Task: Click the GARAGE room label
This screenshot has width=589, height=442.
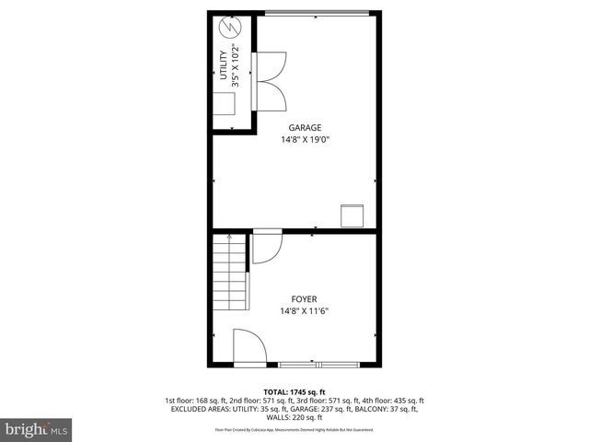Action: (x=305, y=128)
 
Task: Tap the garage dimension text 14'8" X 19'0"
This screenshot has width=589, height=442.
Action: (x=305, y=140)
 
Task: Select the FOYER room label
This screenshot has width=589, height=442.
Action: (x=305, y=299)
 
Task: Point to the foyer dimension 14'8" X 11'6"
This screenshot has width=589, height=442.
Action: (x=305, y=311)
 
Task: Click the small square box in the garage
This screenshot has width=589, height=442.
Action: (x=352, y=215)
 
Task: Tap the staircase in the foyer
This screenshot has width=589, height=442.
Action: (x=227, y=273)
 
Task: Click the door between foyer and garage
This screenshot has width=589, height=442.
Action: (x=268, y=247)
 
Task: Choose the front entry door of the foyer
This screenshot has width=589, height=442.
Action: (x=249, y=349)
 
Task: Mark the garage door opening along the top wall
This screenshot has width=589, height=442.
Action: (x=318, y=12)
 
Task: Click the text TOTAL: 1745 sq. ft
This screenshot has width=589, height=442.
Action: (x=295, y=391)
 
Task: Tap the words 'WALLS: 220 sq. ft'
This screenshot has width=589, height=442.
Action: (x=294, y=419)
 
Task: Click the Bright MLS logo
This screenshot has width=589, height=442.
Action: (x=36, y=429)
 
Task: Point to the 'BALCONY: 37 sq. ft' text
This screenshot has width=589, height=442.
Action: (x=378, y=410)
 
